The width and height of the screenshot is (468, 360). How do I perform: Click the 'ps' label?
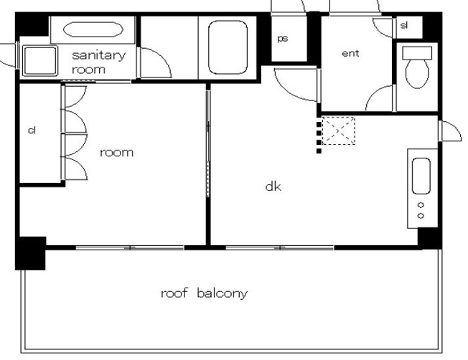[282, 39]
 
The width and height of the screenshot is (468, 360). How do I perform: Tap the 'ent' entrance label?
[350, 53]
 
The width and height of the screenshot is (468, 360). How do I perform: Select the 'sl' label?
[404, 25]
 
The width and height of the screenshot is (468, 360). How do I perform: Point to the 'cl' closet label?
[32, 130]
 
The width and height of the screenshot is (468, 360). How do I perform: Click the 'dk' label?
[273, 186]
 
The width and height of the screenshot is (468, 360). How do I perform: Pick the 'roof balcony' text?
[204, 293]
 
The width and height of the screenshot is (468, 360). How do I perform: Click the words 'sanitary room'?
[98, 62]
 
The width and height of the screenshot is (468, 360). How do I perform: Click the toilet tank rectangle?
[417, 53]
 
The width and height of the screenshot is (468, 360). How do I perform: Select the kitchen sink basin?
[421, 176]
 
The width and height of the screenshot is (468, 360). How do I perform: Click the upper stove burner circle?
[421, 205]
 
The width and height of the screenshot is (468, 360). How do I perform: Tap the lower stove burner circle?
[421, 216]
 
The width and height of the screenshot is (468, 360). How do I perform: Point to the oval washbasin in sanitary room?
[93, 29]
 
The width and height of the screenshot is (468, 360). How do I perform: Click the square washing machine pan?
[40, 60]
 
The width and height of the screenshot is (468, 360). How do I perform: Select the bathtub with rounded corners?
[228, 47]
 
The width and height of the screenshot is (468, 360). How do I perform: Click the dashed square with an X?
[339, 131]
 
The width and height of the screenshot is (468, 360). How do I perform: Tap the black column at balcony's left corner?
[30, 254]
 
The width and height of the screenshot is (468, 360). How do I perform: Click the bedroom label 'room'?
[116, 153]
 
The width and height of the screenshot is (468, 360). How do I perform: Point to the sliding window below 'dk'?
[280, 247]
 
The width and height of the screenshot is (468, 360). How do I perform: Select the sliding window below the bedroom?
[130, 247]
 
